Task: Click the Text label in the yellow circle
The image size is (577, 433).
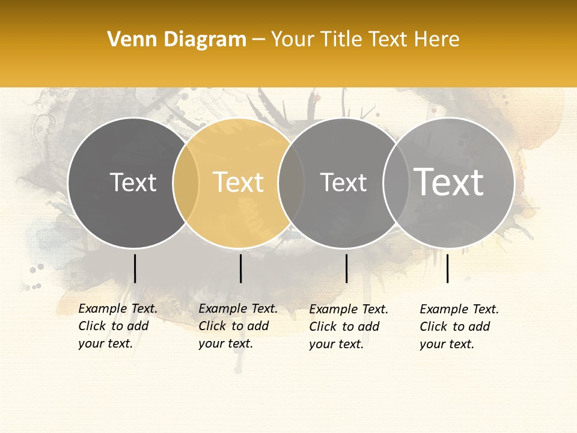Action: (x=239, y=182)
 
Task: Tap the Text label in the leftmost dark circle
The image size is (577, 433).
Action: (x=133, y=182)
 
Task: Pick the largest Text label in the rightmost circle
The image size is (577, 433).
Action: (x=449, y=182)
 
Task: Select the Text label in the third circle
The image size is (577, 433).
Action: (x=343, y=182)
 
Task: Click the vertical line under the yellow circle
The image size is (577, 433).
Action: (x=240, y=268)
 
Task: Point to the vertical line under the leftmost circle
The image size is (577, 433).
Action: (x=135, y=268)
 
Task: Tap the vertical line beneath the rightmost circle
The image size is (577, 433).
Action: (x=448, y=268)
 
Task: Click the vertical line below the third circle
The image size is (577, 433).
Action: (x=346, y=268)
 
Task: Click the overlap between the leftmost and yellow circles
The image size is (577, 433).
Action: (x=186, y=183)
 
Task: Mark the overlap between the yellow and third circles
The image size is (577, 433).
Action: (x=291, y=183)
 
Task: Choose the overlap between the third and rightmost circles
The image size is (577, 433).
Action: (x=396, y=183)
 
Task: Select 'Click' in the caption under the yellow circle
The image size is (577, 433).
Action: (x=212, y=326)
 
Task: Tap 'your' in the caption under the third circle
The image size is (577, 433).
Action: (x=322, y=344)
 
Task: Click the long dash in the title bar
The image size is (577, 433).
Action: (x=258, y=40)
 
